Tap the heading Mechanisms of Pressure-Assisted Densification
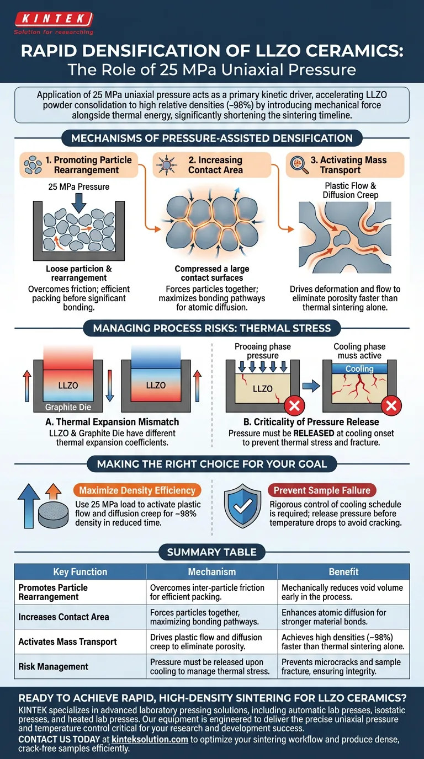(x=212, y=138)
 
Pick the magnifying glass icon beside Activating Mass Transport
(x=298, y=165)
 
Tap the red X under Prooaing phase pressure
(x=294, y=407)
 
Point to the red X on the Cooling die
(x=391, y=407)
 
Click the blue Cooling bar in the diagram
(x=359, y=368)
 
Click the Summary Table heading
(x=212, y=552)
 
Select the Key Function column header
(x=80, y=572)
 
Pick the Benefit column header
(x=343, y=572)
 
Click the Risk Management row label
(x=54, y=666)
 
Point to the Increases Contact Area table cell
(x=64, y=617)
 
